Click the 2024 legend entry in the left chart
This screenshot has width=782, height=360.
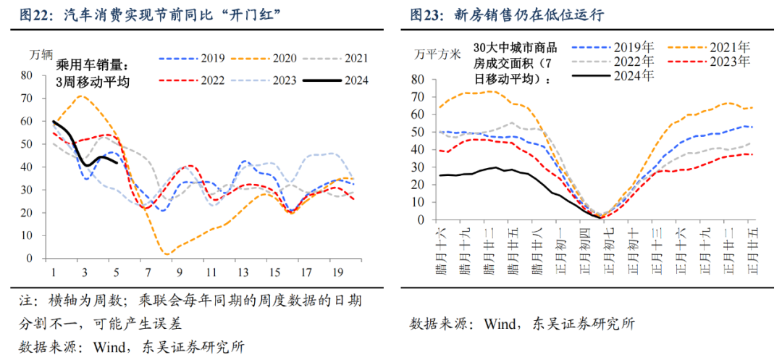click(355, 80)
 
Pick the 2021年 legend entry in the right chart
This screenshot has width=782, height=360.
click(728, 48)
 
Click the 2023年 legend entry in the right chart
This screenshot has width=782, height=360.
click(728, 62)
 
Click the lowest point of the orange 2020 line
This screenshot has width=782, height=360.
click(167, 254)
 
